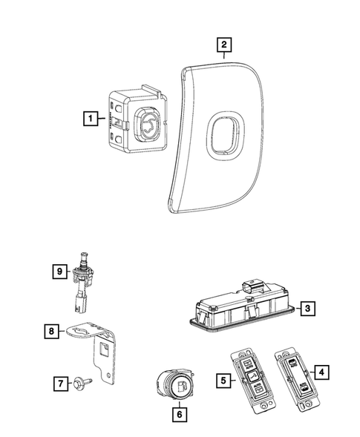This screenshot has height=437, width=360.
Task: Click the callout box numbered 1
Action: (x=89, y=117)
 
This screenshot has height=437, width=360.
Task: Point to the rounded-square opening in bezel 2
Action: (x=222, y=134)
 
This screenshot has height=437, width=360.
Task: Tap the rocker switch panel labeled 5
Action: (x=252, y=378)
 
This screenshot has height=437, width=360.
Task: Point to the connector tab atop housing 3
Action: (x=253, y=286)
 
